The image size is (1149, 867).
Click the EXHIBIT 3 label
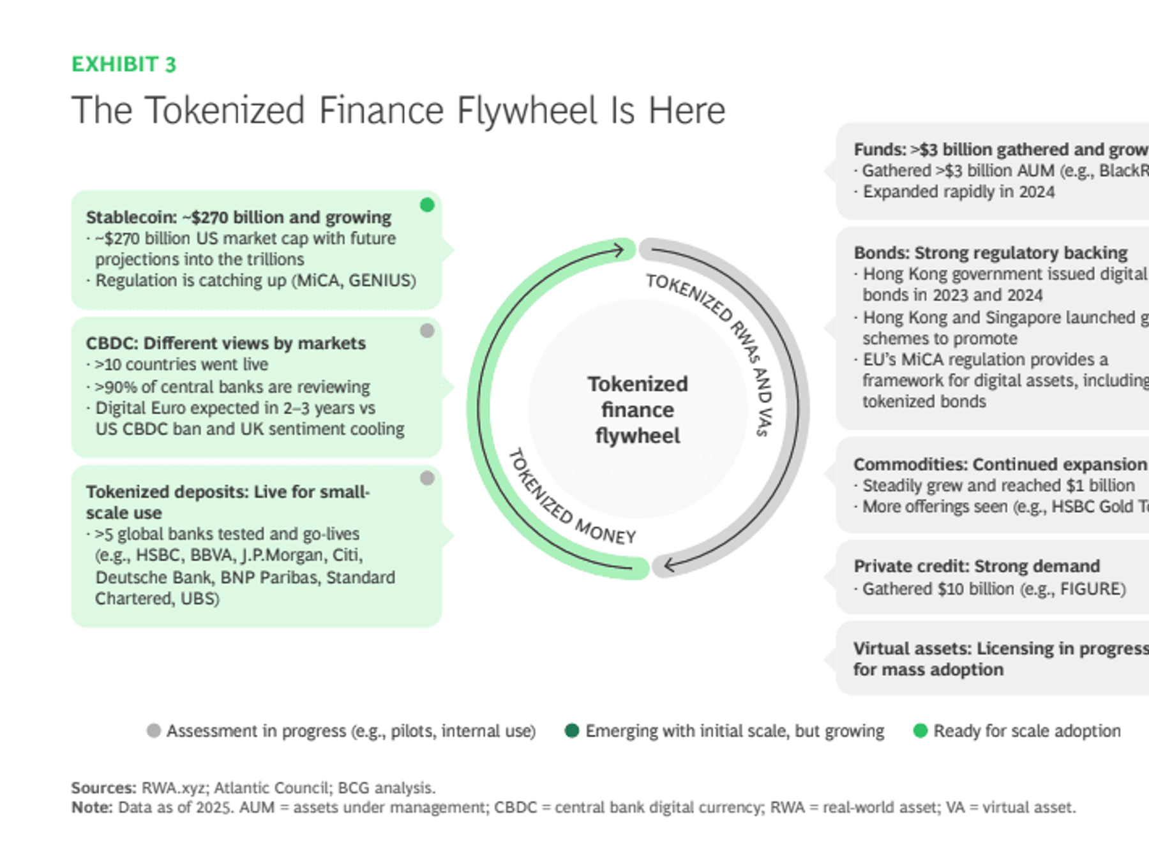[123, 64]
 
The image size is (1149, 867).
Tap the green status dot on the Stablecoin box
[427, 205]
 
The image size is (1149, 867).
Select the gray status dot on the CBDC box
[427, 330]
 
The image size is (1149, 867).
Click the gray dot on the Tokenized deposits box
[427, 478]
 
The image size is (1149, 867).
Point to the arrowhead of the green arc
[619, 251]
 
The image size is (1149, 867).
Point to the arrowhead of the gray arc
[669, 565]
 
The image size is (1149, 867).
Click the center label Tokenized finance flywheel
[637, 410]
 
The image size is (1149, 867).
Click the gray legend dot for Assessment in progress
[153, 730]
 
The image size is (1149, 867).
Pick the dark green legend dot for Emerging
[571, 730]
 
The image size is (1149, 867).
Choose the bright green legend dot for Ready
[920, 730]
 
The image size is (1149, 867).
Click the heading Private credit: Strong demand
[977, 566]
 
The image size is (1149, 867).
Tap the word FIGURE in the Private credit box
[1092, 588]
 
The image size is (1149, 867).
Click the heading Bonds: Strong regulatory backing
[990, 253]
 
